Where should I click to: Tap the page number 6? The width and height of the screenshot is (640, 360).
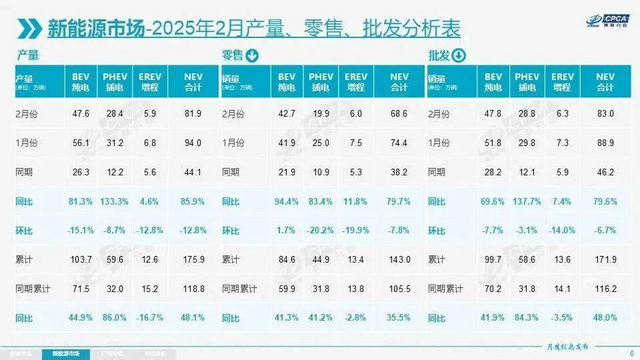pos(631,353)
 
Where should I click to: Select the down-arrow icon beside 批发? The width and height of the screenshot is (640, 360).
pos(459,56)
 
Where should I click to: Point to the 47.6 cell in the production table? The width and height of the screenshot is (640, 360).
pos(81,114)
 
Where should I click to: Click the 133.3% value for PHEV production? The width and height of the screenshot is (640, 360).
pos(115,201)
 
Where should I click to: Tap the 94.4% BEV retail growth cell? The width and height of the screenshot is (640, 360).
pos(287,201)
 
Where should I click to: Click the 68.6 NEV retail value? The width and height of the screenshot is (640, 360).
pos(399,114)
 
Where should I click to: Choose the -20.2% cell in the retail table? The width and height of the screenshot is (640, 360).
pos(321,230)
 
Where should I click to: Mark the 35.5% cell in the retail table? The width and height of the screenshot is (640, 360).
pos(399,317)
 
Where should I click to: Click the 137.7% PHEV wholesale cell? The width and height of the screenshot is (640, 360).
pos(527,201)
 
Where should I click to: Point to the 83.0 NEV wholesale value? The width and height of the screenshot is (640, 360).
pos(605,114)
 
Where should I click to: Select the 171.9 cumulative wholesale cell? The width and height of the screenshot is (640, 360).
pos(605,259)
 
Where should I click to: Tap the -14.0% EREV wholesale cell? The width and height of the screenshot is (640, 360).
pos(563,230)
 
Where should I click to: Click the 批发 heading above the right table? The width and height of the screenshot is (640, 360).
pos(437,56)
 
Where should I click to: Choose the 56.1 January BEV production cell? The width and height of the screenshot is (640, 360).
pos(81,143)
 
